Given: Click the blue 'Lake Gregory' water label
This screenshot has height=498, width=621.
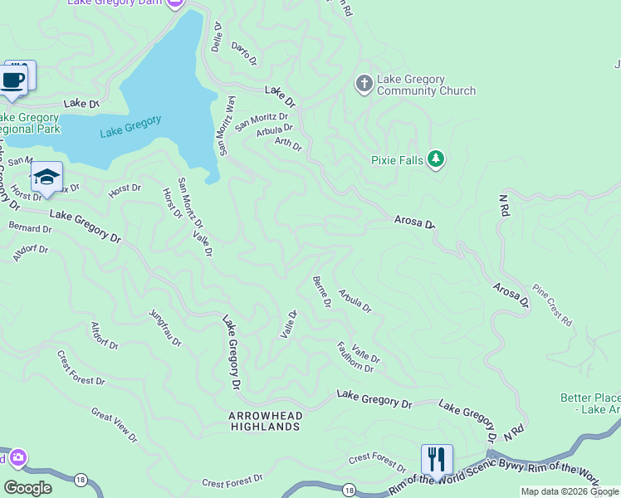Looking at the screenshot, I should (130, 127).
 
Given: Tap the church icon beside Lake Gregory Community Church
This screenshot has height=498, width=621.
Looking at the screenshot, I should (363, 84).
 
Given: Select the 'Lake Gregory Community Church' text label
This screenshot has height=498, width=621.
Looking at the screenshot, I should (426, 85).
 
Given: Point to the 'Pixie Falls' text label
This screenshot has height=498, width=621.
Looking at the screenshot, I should (397, 159).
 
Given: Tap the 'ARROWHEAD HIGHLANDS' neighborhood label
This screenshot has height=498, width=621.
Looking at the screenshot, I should (265, 421).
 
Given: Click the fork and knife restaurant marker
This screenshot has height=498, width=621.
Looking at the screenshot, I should (436, 458).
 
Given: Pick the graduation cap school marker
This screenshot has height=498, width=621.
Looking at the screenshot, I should (46, 177).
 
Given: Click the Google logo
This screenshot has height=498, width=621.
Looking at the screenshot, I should (27, 488).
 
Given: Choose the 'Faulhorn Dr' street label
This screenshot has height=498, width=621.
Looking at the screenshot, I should (355, 357).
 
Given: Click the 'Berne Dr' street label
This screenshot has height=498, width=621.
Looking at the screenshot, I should (321, 292).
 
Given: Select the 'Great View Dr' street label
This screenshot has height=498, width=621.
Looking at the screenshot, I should (115, 423).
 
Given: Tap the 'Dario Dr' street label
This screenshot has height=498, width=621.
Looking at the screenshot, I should (244, 54).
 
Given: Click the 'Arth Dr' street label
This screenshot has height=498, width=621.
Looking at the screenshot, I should (288, 144).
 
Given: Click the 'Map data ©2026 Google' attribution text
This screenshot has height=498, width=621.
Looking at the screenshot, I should (569, 491).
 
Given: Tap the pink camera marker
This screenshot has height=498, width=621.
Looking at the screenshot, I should (17, 457).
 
